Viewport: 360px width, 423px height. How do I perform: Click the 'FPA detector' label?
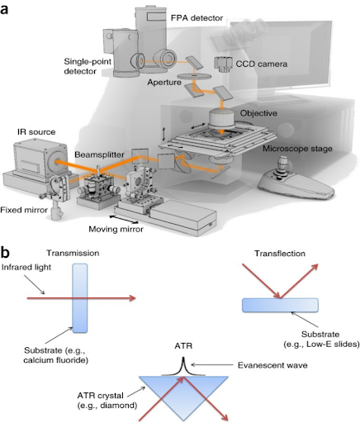(197, 18)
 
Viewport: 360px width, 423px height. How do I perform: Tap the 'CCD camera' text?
(262, 64)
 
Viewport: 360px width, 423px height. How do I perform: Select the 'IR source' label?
(36, 132)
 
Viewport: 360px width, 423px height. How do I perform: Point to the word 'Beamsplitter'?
(99, 154)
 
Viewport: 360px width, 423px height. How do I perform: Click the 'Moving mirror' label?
(116, 229)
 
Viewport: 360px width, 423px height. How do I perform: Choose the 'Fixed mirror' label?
(24, 210)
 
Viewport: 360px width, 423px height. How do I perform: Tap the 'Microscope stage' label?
(297, 149)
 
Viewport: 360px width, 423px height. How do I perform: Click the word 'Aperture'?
(164, 83)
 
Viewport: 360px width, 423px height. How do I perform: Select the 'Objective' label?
(258, 113)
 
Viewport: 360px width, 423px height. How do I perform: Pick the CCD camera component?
(222, 64)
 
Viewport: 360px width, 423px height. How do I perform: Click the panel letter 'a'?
(4, 9)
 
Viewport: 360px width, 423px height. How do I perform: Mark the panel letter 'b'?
(5, 252)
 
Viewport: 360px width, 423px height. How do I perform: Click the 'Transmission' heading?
(73, 253)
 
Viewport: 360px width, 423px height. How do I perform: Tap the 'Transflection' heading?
(280, 254)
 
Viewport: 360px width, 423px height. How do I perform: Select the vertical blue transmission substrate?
(80, 298)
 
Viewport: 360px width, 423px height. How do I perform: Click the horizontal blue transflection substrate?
(280, 305)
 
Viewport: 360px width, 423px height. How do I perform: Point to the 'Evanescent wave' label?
(272, 365)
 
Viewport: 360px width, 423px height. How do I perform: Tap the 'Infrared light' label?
(26, 267)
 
